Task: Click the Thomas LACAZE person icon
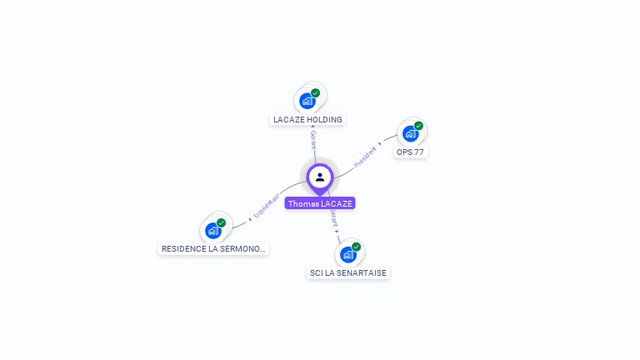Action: (320, 177)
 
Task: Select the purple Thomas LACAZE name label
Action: (320, 203)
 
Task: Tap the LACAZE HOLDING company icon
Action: (307, 101)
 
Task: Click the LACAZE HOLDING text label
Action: (307, 119)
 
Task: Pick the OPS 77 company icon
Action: (410, 133)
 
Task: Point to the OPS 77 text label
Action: (411, 152)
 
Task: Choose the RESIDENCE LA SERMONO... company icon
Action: (213, 230)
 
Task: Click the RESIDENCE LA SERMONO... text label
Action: (213, 248)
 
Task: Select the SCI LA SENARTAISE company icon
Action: (348, 254)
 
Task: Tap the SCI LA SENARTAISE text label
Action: (348, 272)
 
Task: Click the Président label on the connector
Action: (366, 156)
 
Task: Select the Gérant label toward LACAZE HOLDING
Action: (313, 139)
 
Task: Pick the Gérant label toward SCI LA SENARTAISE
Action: (334, 219)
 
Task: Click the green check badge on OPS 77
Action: (418, 126)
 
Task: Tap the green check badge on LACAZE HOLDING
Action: (315, 93)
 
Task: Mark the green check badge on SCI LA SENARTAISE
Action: (356, 247)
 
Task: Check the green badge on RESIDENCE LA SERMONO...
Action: (221, 222)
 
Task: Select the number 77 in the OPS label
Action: (420, 152)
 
